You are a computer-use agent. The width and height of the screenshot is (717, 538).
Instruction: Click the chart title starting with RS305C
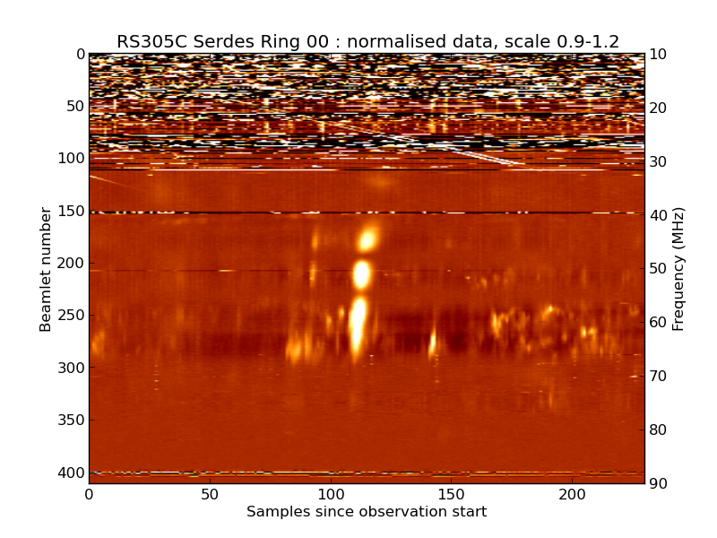pyautogui.click(x=367, y=41)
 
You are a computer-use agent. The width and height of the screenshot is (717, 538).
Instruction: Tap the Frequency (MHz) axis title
pyautogui.click(x=678, y=269)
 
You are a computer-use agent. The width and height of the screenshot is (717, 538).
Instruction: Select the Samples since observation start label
pyautogui.click(x=367, y=512)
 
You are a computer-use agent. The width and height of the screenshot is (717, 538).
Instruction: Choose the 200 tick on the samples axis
pyautogui.click(x=572, y=494)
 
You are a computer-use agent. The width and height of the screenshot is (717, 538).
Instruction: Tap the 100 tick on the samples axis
pyautogui.click(x=331, y=494)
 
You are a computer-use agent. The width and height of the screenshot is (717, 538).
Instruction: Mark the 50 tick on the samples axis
pyautogui.click(x=210, y=494)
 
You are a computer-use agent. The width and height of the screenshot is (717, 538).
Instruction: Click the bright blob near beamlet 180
pyautogui.click(x=367, y=239)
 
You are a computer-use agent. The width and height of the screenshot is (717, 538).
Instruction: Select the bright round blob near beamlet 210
pyautogui.click(x=361, y=273)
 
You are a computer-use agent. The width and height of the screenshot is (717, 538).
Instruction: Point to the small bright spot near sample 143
pyautogui.click(x=433, y=343)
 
